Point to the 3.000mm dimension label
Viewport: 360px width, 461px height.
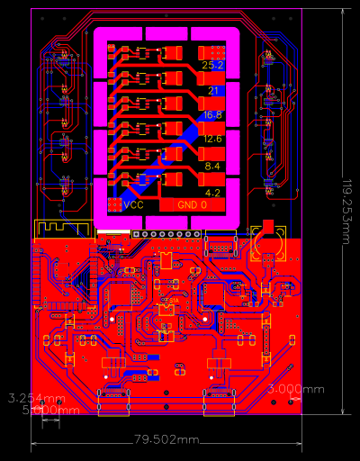[x=297, y=389]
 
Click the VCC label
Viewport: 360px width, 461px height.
[x=133, y=205]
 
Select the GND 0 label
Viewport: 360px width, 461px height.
[x=192, y=205]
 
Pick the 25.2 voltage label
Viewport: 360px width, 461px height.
[x=213, y=66]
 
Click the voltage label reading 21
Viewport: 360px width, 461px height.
[x=213, y=91]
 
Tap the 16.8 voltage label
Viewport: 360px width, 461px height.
[x=213, y=115]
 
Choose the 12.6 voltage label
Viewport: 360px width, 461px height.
[x=213, y=140]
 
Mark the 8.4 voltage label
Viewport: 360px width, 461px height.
[x=213, y=167]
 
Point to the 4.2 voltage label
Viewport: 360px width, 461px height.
[x=213, y=193]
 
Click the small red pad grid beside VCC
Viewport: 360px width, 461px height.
[x=114, y=205]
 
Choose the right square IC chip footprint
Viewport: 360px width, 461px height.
[x=214, y=294]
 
